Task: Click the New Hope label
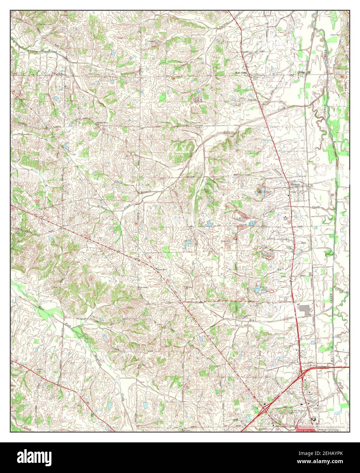(143, 288)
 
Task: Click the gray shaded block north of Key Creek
(304, 309)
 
